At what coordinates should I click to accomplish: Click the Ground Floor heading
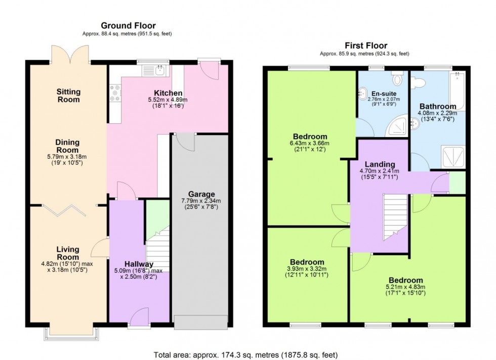pyautogui.click(x=128, y=25)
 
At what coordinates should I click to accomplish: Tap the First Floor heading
pyautogui.click(x=366, y=46)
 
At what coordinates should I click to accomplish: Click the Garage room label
pyautogui.click(x=201, y=194)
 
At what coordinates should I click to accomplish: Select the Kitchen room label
pyautogui.click(x=168, y=93)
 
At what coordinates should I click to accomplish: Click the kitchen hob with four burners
pyautogui.click(x=114, y=94)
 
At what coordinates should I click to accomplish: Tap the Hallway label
pyautogui.click(x=139, y=264)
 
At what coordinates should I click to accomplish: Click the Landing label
pyautogui.click(x=380, y=164)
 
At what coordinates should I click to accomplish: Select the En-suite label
pyautogui.click(x=384, y=94)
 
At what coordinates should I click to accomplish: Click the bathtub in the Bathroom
pyautogui.click(x=457, y=91)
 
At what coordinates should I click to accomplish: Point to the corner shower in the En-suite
pyautogui.click(x=396, y=126)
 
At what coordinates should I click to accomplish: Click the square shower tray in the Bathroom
pyautogui.click(x=453, y=156)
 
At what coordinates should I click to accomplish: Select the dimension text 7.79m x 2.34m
pyautogui.click(x=201, y=201)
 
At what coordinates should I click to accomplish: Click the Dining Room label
pyautogui.click(x=67, y=146)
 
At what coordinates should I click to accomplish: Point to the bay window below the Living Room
pyautogui.click(x=71, y=333)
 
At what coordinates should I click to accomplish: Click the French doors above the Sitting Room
pyautogui.click(x=70, y=55)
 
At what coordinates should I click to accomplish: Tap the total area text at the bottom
pyautogui.click(x=246, y=354)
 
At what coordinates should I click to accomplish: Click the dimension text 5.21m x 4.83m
pyautogui.click(x=405, y=287)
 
